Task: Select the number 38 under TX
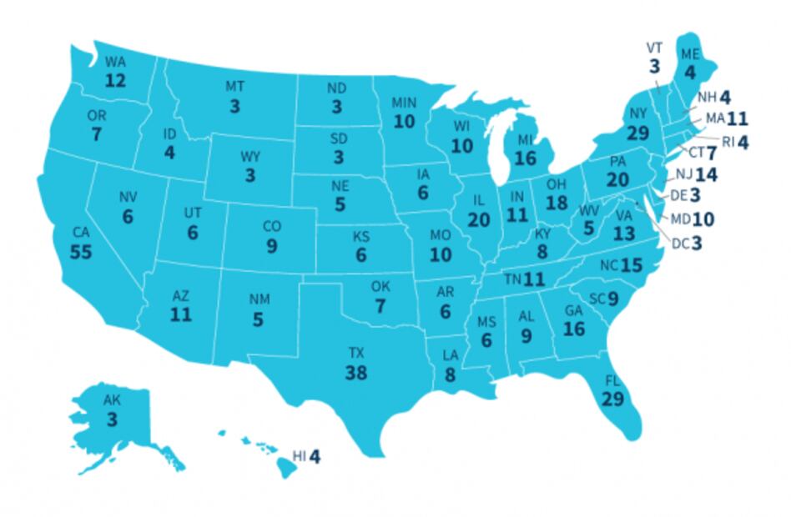pos(356,373)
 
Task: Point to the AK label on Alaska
pos(112,400)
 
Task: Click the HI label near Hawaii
pos(300,456)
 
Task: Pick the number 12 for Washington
pos(115,80)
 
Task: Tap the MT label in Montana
pos(235,87)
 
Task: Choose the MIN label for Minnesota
pos(404,103)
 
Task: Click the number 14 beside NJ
pos(706,175)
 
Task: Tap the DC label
pos(681,244)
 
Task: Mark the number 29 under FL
pos(612,399)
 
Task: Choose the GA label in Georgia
pos(573,311)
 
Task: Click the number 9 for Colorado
pos(272,246)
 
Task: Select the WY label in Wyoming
pos(250,157)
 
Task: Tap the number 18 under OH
pos(557,203)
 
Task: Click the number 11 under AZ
pos(181,314)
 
